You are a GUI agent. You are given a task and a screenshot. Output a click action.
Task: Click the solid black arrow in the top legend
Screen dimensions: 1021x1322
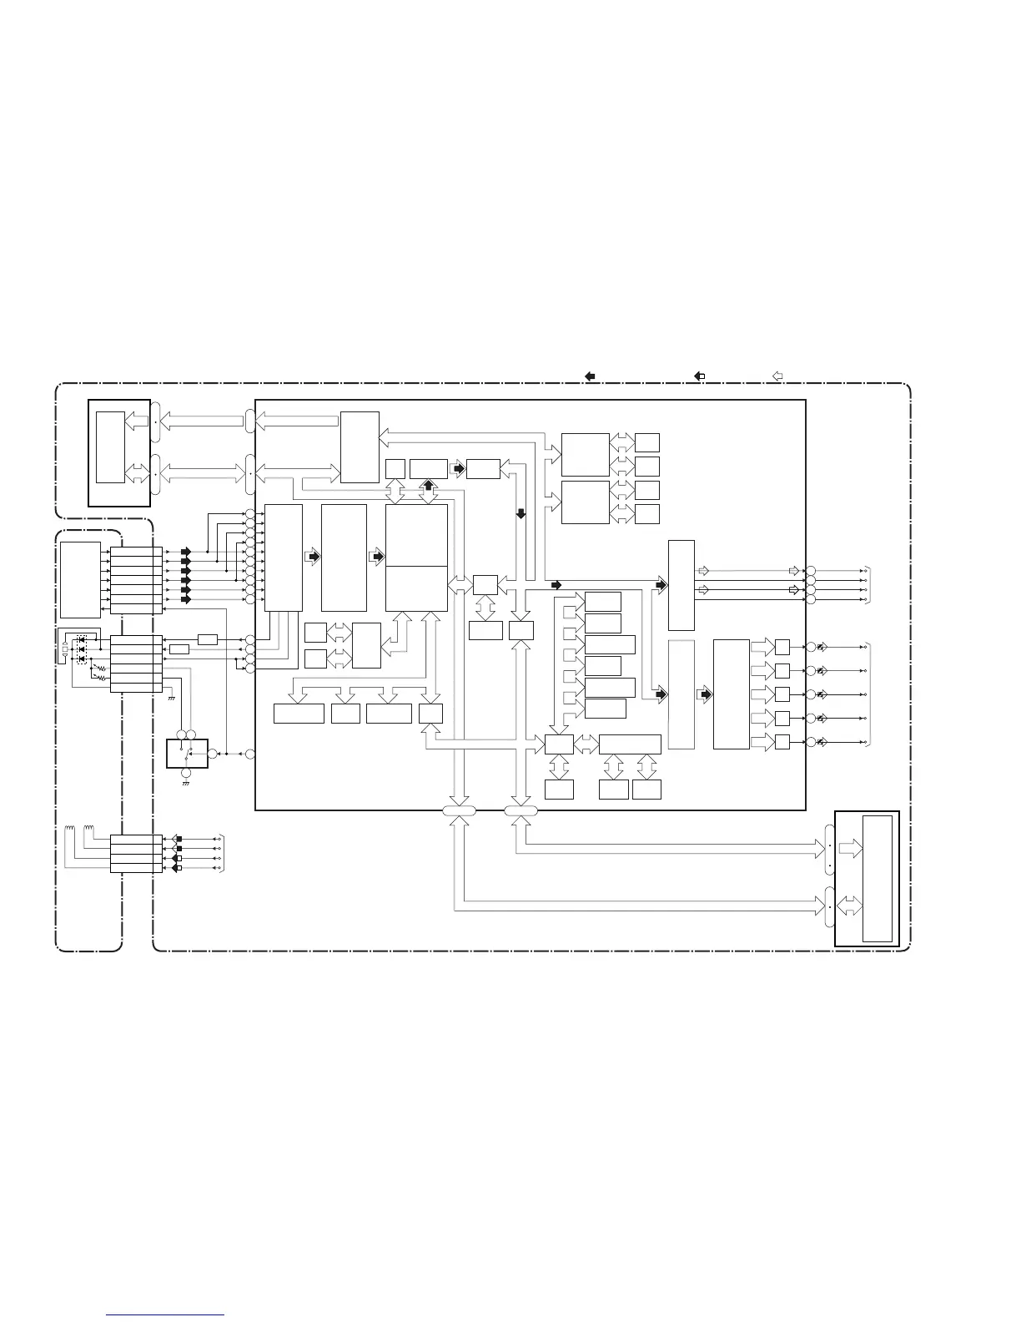pyautogui.click(x=590, y=376)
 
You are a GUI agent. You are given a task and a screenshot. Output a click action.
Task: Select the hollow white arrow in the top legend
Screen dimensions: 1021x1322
pyautogui.click(x=777, y=376)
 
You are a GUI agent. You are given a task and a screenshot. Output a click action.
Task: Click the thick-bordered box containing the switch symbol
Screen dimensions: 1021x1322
pyautogui.click(x=187, y=753)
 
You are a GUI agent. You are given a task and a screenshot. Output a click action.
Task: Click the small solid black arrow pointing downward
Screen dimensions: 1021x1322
pyautogui.click(x=521, y=514)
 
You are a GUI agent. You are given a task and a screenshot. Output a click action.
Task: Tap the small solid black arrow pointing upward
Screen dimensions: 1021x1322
pyautogui.click(x=428, y=485)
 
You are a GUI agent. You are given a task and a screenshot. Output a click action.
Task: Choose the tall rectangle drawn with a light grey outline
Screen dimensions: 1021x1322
pyautogui.click(x=682, y=694)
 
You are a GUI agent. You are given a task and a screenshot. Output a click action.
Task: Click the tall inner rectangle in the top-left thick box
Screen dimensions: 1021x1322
pyautogui.click(x=110, y=447)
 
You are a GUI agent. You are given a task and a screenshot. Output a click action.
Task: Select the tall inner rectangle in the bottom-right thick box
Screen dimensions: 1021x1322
pyautogui.click(x=878, y=878)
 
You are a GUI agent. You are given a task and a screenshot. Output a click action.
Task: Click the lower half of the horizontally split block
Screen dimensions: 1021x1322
pyautogui.click(x=416, y=588)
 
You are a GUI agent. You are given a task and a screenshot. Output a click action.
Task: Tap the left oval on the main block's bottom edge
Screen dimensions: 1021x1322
pyautogui.click(x=459, y=810)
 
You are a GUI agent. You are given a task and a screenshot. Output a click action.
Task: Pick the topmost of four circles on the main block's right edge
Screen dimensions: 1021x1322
pyautogui.click(x=810, y=570)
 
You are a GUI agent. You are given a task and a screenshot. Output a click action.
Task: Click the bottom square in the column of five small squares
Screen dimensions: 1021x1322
pyautogui.click(x=782, y=742)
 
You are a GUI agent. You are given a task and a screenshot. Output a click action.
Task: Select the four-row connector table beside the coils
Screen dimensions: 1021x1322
pyautogui.click(x=136, y=854)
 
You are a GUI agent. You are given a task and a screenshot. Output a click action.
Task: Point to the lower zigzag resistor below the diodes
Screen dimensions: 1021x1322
pyautogui.click(x=102, y=678)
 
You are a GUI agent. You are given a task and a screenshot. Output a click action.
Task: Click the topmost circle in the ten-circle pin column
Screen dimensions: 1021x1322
pyautogui.click(x=249, y=513)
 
